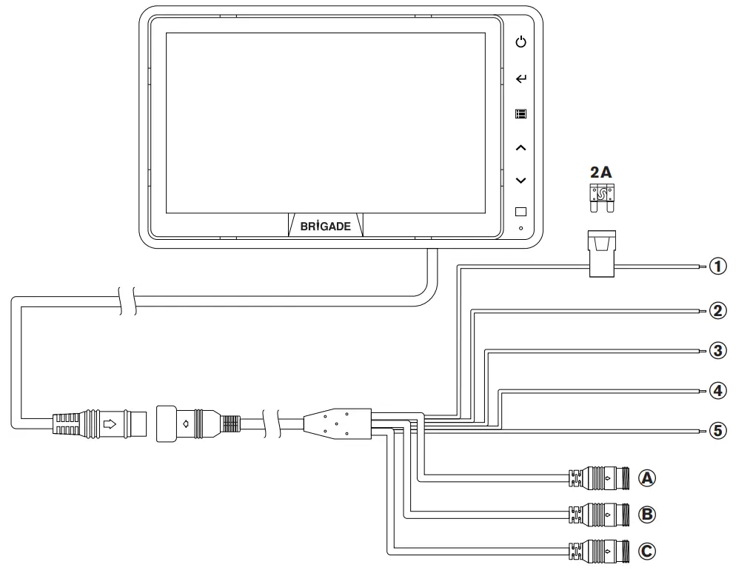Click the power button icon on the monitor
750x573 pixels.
click(x=521, y=42)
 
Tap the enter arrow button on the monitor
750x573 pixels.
click(x=521, y=78)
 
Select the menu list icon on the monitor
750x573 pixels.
click(x=521, y=115)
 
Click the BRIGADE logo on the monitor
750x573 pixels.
click(x=326, y=226)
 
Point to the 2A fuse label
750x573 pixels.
click(x=600, y=172)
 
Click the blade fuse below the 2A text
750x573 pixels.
click(x=601, y=198)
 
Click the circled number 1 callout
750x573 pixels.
click(x=717, y=266)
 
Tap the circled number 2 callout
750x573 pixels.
click(x=717, y=310)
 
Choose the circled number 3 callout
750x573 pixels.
click(x=717, y=350)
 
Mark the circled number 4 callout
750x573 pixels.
click(x=717, y=389)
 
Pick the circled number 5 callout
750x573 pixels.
click(x=717, y=430)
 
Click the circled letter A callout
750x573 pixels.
click(x=648, y=478)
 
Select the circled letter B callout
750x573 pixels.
click(x=648, y=513)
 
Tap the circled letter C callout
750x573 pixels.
click(x=648, y=550)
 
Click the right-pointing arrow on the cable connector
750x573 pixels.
click(x=110, y=424)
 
